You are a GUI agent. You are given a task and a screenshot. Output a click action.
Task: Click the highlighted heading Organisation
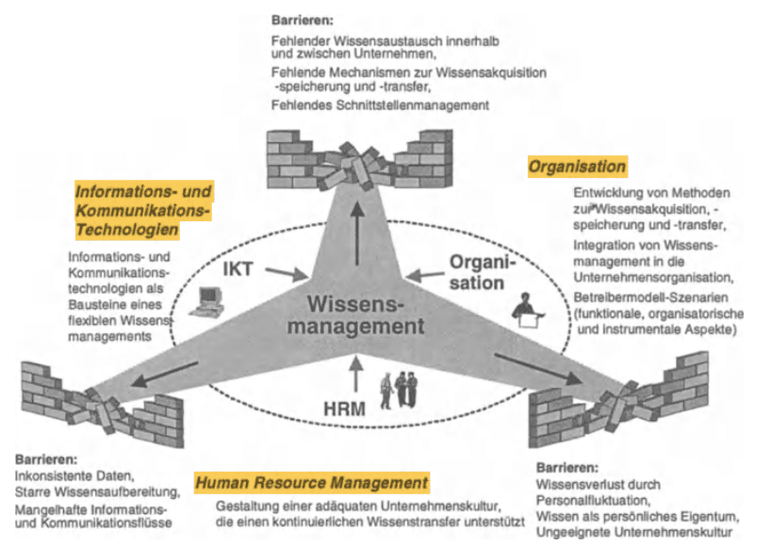click(x=577, y=167)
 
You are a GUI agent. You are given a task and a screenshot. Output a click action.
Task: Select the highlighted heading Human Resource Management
click(x=311, y=483)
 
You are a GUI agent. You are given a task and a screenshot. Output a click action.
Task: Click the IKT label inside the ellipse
click(x=240, y=269)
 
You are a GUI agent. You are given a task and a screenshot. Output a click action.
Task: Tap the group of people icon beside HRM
click(x=399, y=389)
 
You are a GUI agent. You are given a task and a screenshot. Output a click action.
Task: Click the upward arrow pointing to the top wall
click(x=356, y=235)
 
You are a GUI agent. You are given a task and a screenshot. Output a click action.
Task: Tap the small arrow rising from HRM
click(x=355, y=376)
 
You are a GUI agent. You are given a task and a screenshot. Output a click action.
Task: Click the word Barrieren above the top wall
click(x=302, y=19)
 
